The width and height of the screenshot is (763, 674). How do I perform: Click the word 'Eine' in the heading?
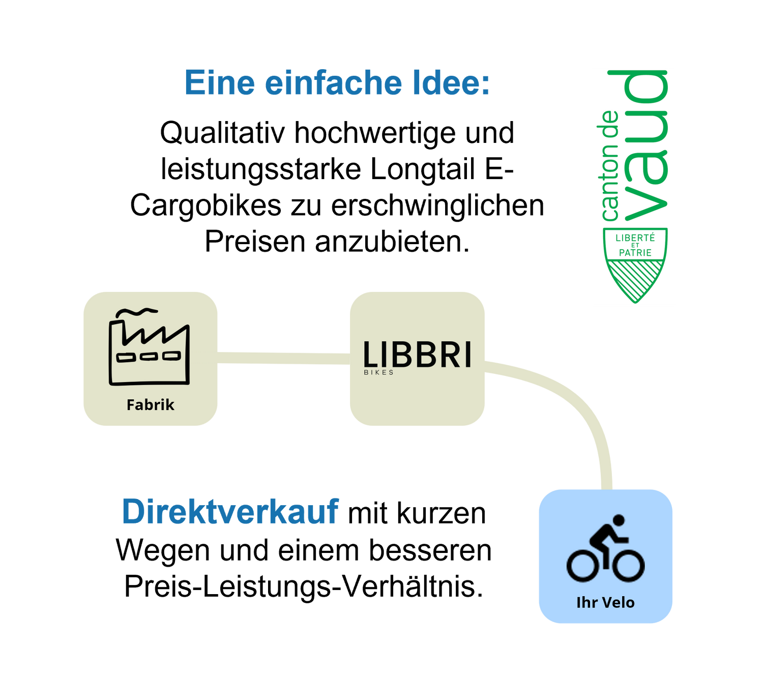(x=219, y=83)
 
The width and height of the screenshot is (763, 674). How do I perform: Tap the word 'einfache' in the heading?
(x=333, y=83)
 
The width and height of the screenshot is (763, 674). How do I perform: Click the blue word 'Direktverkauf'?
(x=230, y=512)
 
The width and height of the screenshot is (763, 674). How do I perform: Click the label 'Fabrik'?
(x=151, y=405)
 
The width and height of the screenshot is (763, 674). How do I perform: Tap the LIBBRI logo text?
(x=417, y=355)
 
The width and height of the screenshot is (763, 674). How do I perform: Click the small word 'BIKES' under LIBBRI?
(x=379, y=372)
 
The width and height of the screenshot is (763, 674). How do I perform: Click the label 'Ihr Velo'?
(x=605, y=603)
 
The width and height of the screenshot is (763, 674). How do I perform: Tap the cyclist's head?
(x=619, y=521)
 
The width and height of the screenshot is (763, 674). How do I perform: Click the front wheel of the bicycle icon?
(x=628, y=565)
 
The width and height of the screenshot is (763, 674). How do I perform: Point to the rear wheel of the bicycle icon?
(x=583, y=565)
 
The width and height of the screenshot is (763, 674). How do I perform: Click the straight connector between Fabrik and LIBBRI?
(x=283, y=358)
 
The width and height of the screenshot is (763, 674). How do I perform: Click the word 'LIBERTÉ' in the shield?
(x=635, y=238)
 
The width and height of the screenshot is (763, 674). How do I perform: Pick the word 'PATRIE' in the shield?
(x=635, y=252)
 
